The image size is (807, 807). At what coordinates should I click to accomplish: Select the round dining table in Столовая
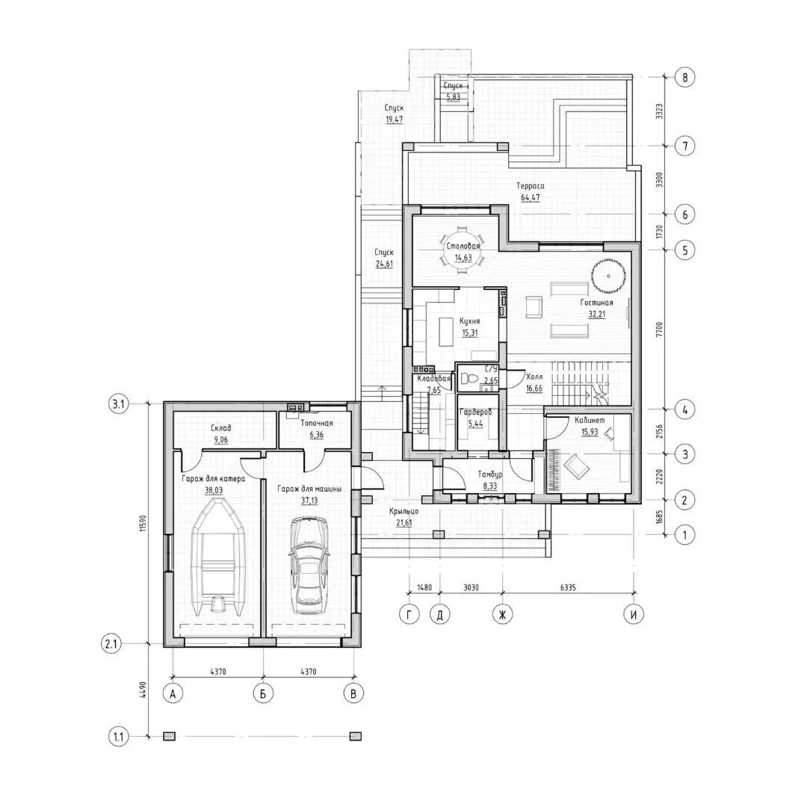coord(463,250)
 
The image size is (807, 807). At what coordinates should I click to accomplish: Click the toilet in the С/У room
coord(469,380)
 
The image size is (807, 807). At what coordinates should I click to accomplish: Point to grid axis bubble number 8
coord(684,78)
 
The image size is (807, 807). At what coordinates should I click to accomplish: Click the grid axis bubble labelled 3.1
coord(119,404)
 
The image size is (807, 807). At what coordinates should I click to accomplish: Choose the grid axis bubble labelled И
coord(634,614)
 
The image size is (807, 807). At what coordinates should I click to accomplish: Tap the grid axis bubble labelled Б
coord(263,693)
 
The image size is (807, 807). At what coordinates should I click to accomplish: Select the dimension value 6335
coord(569,587)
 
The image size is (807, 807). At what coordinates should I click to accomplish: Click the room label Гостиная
coord(596,303)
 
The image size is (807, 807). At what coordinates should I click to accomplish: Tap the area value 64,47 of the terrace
coord(531,197)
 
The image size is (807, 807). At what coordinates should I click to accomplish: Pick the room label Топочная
coord(317,423)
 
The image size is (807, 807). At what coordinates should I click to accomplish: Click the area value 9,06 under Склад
coord(220,440)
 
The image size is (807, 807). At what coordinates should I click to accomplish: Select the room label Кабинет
coord(590,420)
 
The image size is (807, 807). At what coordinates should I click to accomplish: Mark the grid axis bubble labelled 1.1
coord(119,737)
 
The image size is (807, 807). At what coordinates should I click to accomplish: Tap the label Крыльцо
coord(403,512)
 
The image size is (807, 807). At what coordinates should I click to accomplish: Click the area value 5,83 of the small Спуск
coord(453,96)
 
